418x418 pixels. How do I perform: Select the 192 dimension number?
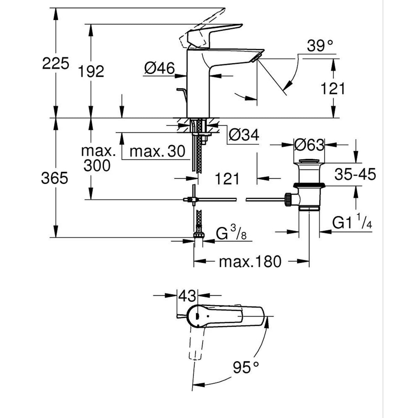coord(91,71)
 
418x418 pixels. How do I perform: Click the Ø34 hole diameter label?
coord(243,135)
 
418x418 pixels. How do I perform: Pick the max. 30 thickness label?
coord(158,151)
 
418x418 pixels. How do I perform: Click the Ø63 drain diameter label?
coord(309,145)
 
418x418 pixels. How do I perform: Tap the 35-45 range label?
coord(355,175)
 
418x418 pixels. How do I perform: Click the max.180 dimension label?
coord(250,262)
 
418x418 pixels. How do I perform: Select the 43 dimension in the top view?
coord(187,296)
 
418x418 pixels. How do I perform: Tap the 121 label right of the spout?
coord(332,89)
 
